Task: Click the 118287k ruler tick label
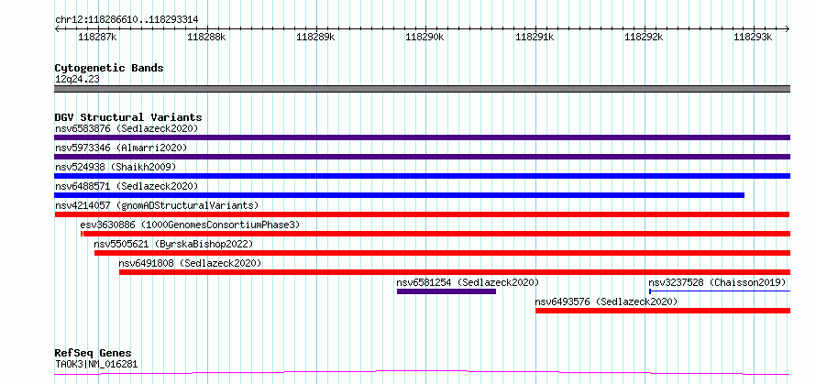[97, 37]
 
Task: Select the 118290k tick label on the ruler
[425, 37]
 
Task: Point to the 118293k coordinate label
[752, 37]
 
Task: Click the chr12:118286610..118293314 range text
[127, 20]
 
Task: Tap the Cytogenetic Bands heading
[109, 68]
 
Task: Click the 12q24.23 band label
[77, 80]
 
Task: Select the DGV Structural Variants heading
[128, 117]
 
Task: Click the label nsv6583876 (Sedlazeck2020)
[127, 128]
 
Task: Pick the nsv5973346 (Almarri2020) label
[121, 148]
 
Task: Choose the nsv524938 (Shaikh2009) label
[116, 167]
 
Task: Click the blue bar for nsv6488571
[399, 195]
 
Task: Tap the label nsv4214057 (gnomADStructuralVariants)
[157, 205]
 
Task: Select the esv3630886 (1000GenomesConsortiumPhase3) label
[190, 225]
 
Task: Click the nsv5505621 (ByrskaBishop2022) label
[173, 244]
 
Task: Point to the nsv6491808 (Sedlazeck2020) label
[190, 263]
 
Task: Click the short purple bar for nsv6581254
[446, 291]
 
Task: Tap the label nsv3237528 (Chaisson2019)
[717, 282]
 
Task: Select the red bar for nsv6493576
[663, 311]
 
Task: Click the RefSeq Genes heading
[94, 354]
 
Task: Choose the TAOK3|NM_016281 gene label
[96, 365]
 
